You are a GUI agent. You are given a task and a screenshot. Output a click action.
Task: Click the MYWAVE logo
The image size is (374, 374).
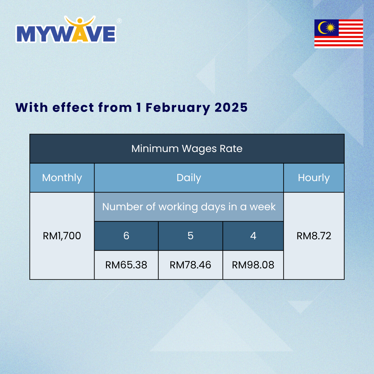pyautogui.click(x=66, y=29)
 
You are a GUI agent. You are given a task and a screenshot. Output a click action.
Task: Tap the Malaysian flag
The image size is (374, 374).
pyautogui.click(x=338, y=34)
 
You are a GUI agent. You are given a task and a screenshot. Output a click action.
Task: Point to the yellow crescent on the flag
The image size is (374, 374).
pyautogui.click(x=321, y=28)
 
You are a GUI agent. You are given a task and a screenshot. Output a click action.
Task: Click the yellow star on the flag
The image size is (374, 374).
pyautogui.click(x=331, y=28)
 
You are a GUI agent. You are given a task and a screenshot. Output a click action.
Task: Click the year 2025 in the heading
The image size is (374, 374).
pyautogui.click(x=231, y=107)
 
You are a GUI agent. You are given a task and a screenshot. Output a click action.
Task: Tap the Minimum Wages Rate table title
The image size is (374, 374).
pyautogui.click(x=187, y=149)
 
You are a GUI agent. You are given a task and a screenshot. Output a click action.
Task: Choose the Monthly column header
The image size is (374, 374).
pyautogui.click(x=62, y=178)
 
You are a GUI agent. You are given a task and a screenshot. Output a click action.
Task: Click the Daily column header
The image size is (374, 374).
pyautogui.click(x=189, y=178)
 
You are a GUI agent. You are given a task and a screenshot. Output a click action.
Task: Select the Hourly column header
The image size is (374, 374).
pyautogui.click(x=314, y=178)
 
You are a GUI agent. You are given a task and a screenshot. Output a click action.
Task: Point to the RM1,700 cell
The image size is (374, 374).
pyautogui.click(x=62, y=236)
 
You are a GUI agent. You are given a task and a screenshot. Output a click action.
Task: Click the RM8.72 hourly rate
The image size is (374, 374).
pyautogui.click(x=314, y=236)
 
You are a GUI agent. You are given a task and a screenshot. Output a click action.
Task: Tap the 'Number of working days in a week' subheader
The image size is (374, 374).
pyautogui.click(x=189, y=207)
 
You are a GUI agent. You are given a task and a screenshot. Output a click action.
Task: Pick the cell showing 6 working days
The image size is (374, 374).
pyautogui.click(x=126, y=236)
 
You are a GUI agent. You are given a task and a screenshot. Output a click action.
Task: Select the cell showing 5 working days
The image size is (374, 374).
pyautogui.click(x=190, y=236)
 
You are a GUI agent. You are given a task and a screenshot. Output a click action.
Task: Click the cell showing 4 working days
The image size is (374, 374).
pyautogui.click(x=253, y=236)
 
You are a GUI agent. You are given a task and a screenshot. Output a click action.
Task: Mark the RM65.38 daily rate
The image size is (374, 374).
pyautogui.click(x=126, y=265)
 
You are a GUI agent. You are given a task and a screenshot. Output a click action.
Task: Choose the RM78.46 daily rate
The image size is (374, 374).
pyautogui.click(x=190, y=265)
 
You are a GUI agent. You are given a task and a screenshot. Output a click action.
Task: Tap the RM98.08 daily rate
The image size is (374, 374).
pyautogui.click(x=253, y=265)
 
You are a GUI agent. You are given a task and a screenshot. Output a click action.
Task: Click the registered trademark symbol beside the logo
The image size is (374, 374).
pyautogui.click(x=119, y=21)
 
